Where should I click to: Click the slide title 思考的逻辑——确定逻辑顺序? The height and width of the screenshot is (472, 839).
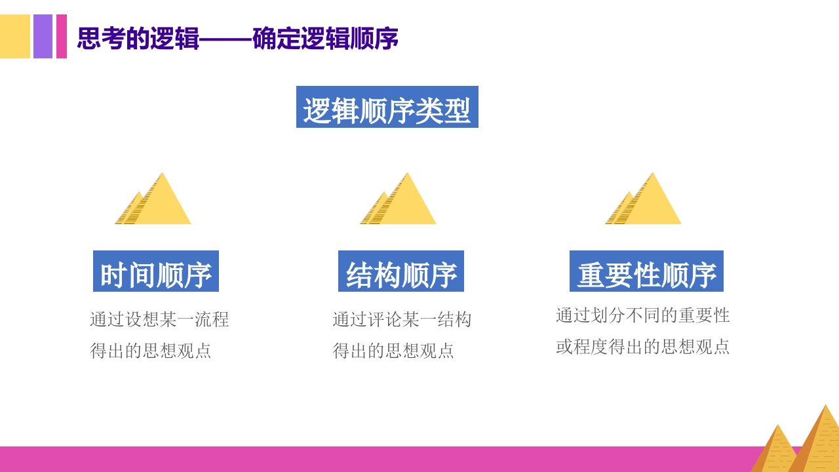point(237,39)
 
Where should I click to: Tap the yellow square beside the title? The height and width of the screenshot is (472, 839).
point(14,37)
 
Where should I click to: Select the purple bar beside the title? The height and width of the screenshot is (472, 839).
point(43,37)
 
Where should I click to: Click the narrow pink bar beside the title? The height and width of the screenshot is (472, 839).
point(62,37)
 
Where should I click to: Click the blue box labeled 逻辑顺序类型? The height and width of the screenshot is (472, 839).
point(387,108)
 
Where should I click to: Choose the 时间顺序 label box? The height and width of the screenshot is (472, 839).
point(156,271)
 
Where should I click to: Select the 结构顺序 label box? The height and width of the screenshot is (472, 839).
point(401,271)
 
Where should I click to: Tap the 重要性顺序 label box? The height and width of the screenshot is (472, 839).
point(646,271)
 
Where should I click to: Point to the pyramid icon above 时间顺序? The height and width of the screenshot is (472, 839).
point(155,200)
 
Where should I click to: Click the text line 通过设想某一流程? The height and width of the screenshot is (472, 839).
point(159,320)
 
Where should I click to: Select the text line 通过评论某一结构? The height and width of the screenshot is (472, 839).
point(402,320)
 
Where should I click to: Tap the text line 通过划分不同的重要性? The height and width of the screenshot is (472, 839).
point(642,315)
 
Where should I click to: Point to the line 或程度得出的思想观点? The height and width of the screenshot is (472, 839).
point(642,347)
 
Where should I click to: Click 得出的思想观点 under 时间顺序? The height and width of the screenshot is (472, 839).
point(151,351)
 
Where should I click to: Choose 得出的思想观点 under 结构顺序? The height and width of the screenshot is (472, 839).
point(393,351)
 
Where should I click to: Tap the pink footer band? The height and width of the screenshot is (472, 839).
point(367,459)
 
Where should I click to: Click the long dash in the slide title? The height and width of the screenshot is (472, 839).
point(225,39)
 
